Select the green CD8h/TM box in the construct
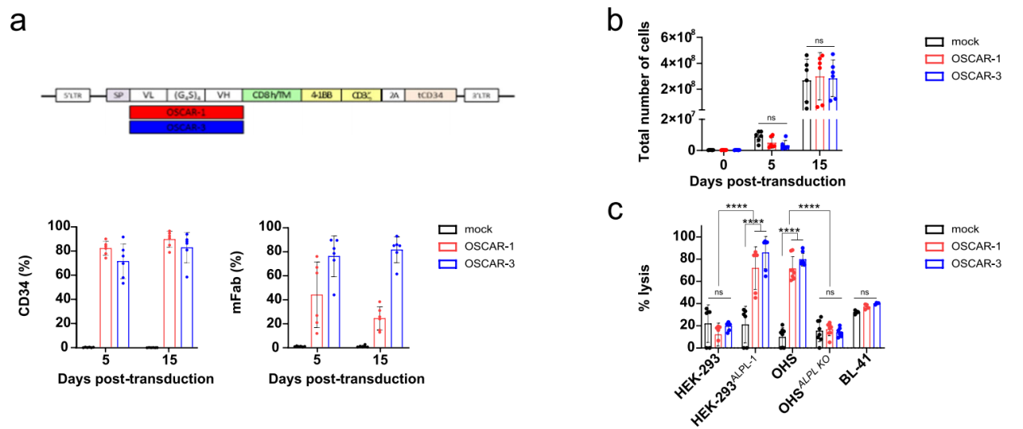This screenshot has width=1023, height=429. point(270,95)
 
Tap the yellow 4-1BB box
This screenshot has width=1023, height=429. point(320,95)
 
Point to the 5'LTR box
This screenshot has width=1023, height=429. point(73,95)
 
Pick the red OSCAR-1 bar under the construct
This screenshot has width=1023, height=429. point(186,111)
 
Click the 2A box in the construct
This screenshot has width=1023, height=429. point(393,95)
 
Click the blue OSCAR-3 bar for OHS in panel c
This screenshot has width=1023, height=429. point(801,303)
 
